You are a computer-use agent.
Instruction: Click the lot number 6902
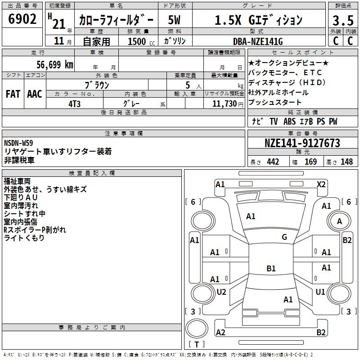pyautogui.click(x=22, y=19)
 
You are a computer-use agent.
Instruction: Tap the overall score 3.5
pyautogui.click(x=343, y=20)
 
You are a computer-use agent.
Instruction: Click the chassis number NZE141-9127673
pyautogui.click(x=302, y=144)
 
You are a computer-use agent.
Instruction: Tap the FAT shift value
pyautogui.click(x=13, y=94)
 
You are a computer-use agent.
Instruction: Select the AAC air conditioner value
pyautogui.click(x=35, y=94)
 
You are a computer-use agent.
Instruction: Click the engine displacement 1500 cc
pyautogui.click(x=137, y=41)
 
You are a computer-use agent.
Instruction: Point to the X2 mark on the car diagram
pyautogui.click(x=321, y=184)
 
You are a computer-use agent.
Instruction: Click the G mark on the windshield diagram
pyautogui.click(x=284, y=237)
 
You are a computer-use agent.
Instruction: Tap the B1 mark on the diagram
pyautogui.click(x=271, y=269)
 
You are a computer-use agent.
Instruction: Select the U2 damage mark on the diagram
pyautogui.click(x=221, y=292)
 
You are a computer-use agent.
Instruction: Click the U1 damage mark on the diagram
pyautogui.click(x=320, y=292)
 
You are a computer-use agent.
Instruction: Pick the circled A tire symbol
pyautogui.click(x=340, y=221)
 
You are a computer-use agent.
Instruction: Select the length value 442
pyautogui.click(x=273, y=162)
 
